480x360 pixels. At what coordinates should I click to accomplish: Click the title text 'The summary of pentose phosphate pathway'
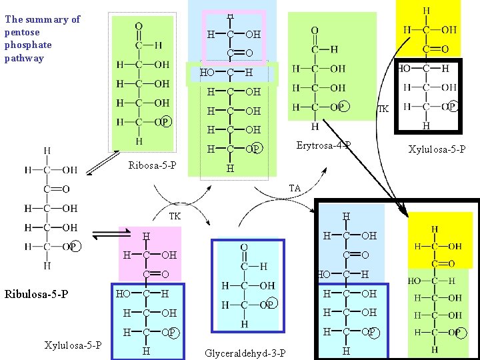(x=41, y=39)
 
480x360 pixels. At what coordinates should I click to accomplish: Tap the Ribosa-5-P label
(x=152, y=165)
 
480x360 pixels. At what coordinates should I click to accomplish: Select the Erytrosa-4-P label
(x=323, y=145)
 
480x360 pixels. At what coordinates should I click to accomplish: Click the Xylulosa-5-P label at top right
(x=437, y=149)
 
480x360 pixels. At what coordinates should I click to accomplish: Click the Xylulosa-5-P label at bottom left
(x=73, y=345)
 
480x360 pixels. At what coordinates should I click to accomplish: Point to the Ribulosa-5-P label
(x=37, y=293)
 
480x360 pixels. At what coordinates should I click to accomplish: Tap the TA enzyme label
(x=294, y=189)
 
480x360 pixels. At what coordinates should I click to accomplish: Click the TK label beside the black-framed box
(x=383, y=109)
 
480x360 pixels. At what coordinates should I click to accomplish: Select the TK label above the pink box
(x=175, y=216)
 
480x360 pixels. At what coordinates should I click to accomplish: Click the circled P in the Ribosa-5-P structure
(x=165, y=121)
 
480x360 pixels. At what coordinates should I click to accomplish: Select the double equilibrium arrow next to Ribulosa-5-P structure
(x=105, y=234)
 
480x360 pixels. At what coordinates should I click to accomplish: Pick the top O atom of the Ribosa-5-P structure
(x=139, y=27)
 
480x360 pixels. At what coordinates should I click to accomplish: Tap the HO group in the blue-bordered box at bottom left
(x=123, y=294)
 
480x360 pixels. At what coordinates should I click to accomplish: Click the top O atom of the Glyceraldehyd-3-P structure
(x=244, y=247)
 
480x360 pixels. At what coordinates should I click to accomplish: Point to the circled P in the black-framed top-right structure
(x=452, y=106)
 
